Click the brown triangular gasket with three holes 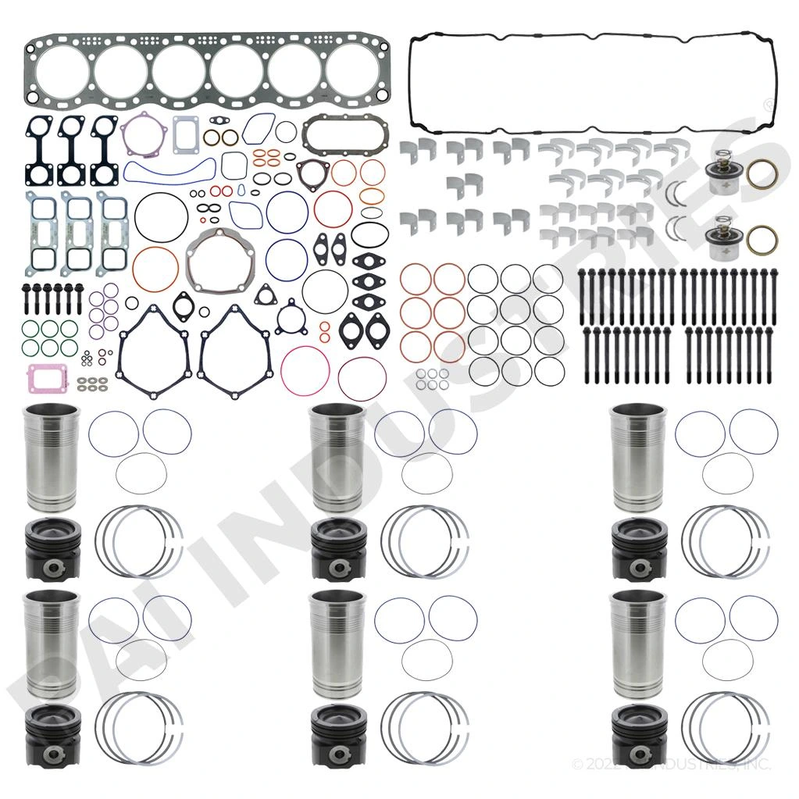310,172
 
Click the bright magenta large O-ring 305,370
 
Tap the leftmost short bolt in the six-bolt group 28,298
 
